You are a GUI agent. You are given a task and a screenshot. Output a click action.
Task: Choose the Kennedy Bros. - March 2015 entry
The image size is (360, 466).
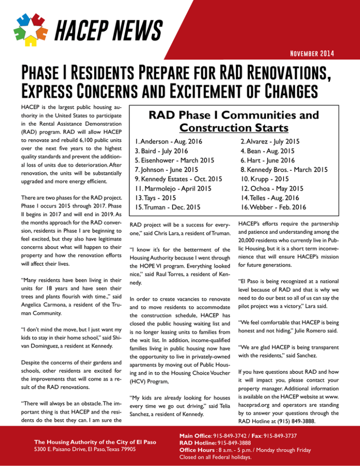(291, 168)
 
